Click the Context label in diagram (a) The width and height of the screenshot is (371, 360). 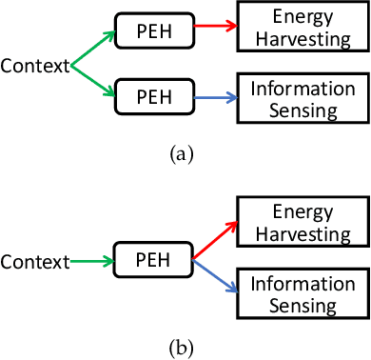click(34, 66)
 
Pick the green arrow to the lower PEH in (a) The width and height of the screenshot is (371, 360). click(92, 81)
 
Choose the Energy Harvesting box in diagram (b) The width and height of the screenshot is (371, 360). click(301, 224)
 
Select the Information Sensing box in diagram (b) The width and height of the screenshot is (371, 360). click(301, 294)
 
